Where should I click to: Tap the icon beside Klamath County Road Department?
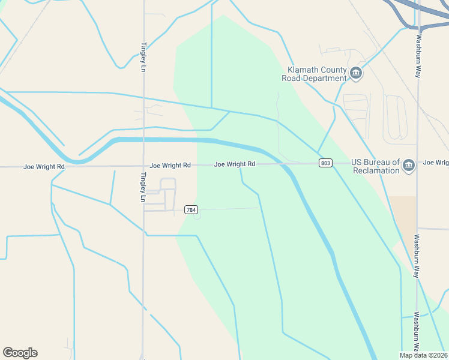click(356, 73)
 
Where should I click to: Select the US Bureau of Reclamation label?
click(375, 166)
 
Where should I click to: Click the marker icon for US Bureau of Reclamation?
click(409, 165)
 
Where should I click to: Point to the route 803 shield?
click(325, 163)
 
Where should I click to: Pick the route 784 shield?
click(191, 210)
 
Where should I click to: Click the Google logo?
click(20, 353)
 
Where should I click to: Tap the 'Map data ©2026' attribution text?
click(423, 355)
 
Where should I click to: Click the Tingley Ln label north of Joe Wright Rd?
click(143, 57)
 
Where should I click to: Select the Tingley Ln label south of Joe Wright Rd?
click(143, 188)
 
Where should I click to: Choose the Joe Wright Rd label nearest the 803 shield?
click(235, 164)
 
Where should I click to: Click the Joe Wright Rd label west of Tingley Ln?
click(44, 166)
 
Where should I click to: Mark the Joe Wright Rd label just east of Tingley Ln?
click(170, 165)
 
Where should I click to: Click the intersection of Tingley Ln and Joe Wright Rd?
click(143, 166)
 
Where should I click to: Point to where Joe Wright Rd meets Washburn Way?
click(418, 163)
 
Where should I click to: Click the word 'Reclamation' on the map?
click(376, 170)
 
